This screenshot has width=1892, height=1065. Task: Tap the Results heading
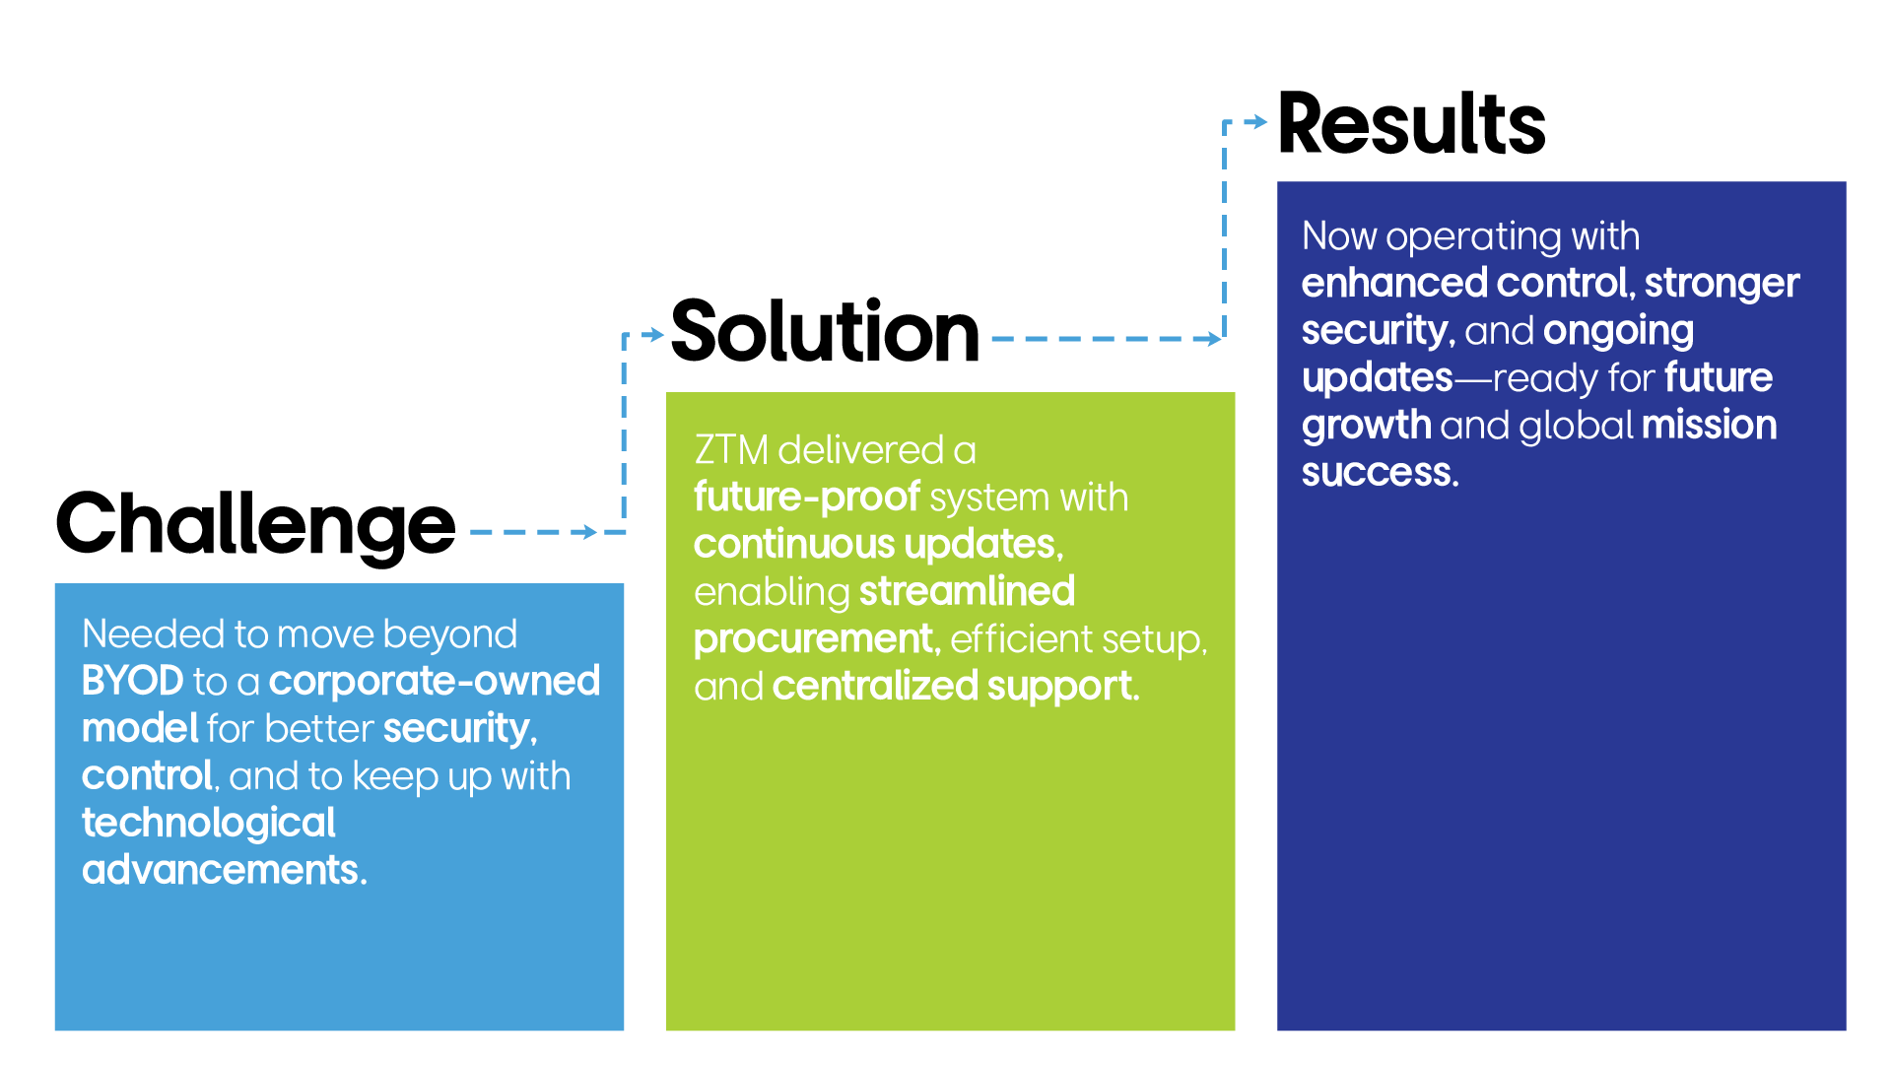1411,124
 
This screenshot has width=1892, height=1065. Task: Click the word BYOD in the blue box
132,681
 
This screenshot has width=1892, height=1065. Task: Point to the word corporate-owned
435,681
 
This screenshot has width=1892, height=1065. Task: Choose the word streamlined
967,591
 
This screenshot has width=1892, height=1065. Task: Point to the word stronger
1722,285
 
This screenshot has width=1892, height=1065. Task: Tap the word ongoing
1618,332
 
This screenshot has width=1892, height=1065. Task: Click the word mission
1709,425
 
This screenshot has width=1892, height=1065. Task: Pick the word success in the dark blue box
1380,473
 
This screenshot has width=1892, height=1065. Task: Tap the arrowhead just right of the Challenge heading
588,532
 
